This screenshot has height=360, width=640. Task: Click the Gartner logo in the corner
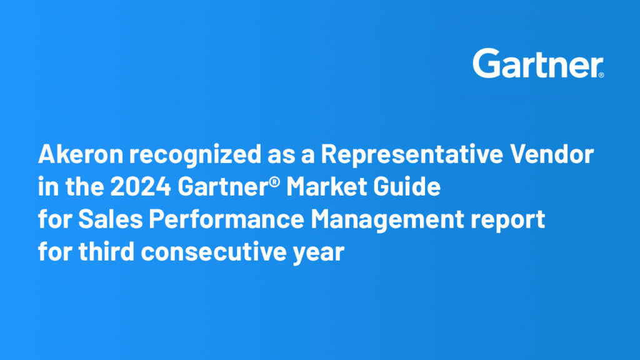pos(538,63)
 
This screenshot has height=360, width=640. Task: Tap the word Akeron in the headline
pos(81,154)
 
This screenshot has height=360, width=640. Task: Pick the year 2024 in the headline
pos(141,186)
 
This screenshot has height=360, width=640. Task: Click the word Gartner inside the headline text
pos(223,186)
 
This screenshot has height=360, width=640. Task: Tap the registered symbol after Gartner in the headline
pos(275,181)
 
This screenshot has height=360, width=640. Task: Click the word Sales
pos(110,219)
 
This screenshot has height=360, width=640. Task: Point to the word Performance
pos(226,219)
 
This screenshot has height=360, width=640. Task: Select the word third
pos(106,251)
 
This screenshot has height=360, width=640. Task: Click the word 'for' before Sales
pos(55,219)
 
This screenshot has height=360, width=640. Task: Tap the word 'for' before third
pos(55,251)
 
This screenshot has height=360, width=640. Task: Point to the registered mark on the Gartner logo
pos(601,75)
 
